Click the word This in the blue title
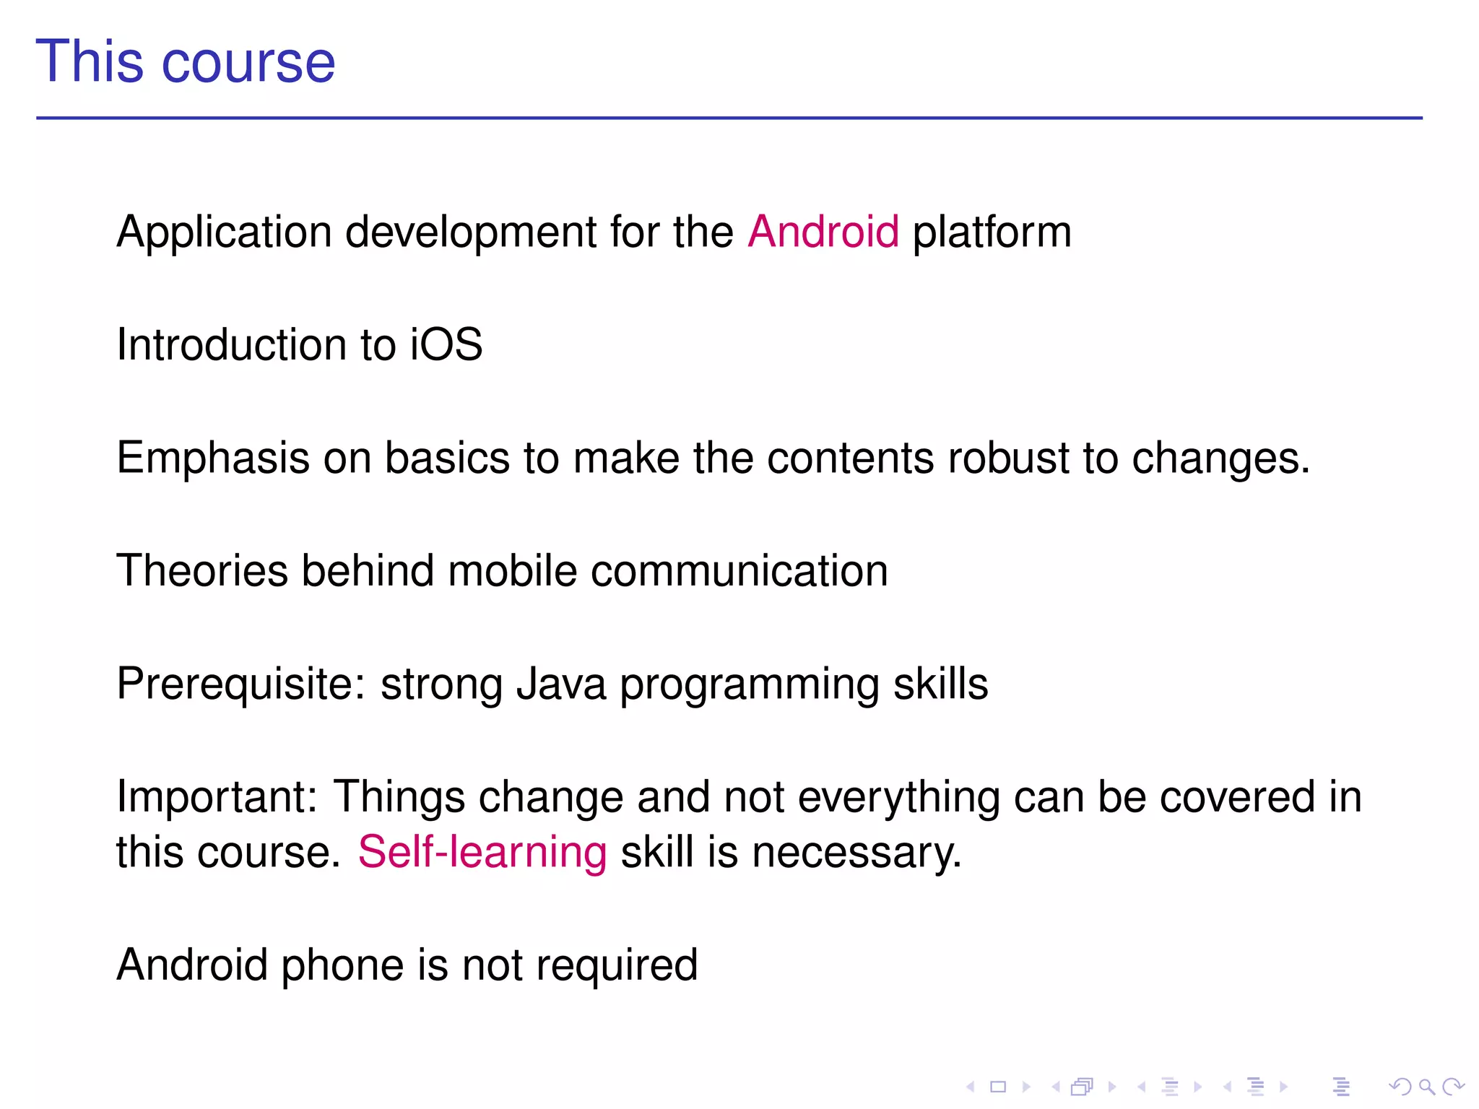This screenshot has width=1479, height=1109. pos(90,62)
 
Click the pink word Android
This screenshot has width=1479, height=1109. pos(823,232)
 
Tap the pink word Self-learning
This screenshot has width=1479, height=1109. pos(482,852)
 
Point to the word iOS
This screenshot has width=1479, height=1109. pos(446,344)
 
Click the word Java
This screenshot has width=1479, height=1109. pos(561,684)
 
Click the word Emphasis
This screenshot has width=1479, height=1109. pos(213,458)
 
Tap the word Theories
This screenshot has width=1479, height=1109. pos(201,570)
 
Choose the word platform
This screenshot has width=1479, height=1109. pos(992,233)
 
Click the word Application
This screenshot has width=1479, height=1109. pos(225,233)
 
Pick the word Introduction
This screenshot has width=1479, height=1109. pos(231,344)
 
